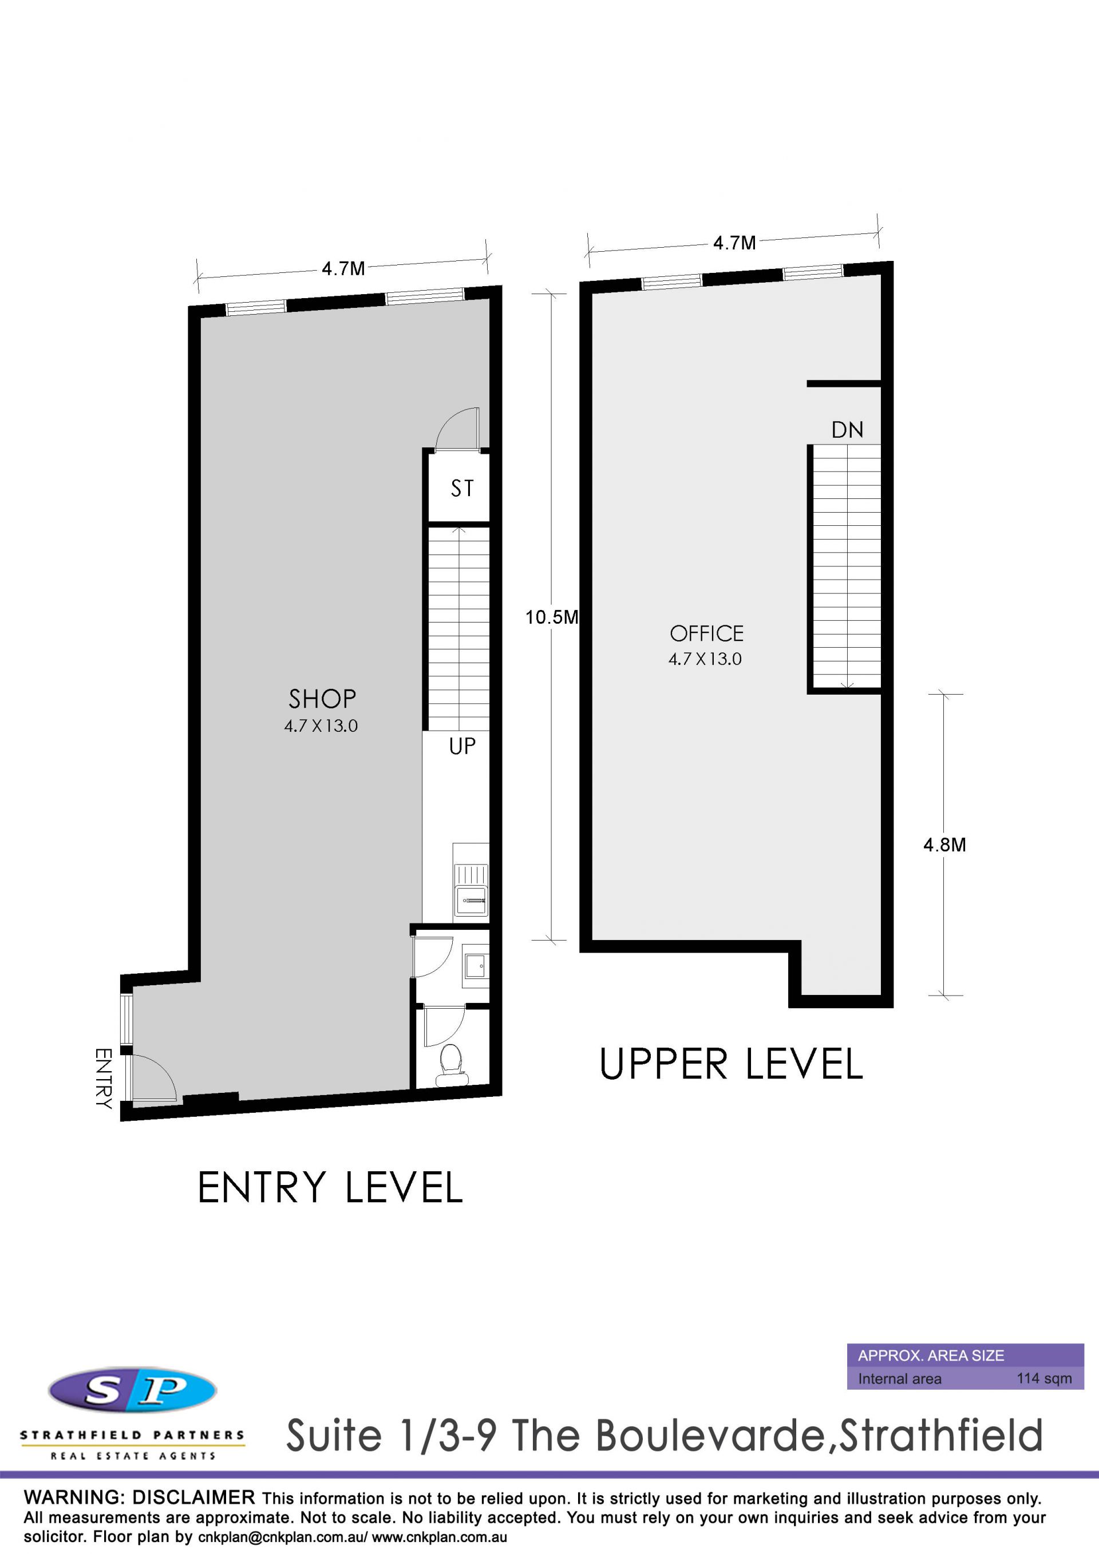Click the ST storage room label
coord(462,488)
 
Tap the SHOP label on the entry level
coord(322,699)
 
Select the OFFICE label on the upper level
coord(707,633)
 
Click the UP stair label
coord(462,747)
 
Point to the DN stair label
coord(847,430)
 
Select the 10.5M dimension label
coord(552,617)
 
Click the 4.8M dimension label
coord(944,845)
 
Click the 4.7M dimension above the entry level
coord(343,269)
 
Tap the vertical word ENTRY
coord(103,1078)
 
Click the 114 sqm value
coord(1044,1378)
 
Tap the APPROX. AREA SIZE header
coord(931,1355)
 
